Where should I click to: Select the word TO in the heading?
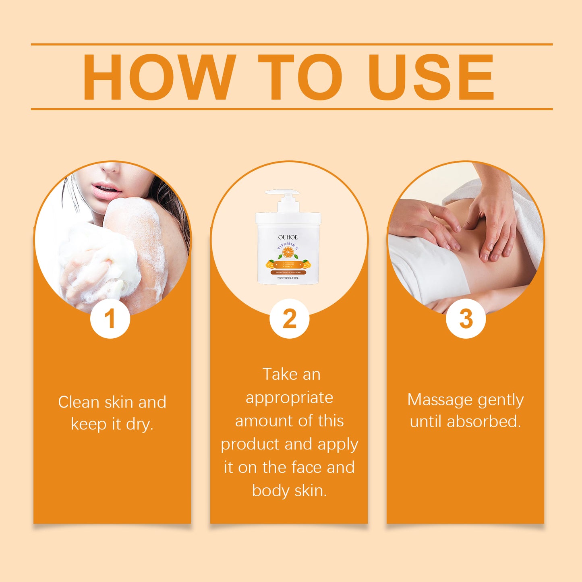pos(300,77)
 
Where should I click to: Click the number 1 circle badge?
pos(110,319)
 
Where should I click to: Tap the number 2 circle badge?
pos(289,319)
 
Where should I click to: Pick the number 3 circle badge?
pos(466,319)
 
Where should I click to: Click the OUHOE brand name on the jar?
pos(288,237)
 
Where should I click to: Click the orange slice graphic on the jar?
pos(288,253)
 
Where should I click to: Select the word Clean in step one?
pos(79,402)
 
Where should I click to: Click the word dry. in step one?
pos(139,424)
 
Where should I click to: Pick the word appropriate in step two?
pos(289,398)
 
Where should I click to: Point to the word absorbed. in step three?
pos(484,422)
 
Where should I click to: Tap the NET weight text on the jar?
pos(288,278)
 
